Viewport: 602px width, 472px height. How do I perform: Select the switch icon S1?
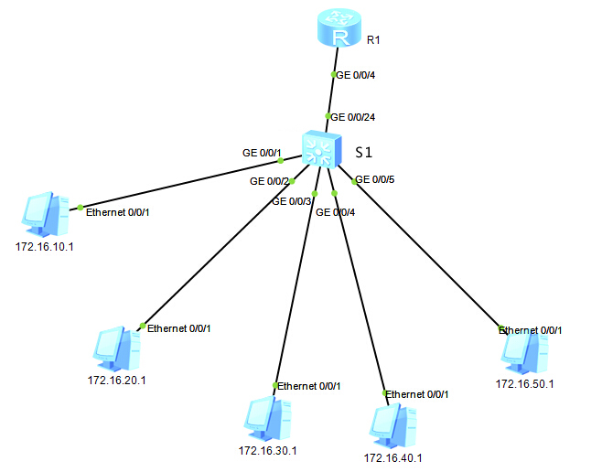tap(322, 148)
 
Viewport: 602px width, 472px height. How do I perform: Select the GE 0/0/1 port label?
tap(262, 153)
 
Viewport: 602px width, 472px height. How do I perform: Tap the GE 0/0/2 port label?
tap(271, 181)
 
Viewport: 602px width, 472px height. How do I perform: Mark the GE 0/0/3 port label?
tap(292, 201)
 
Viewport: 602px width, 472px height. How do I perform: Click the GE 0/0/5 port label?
tap(375, 179)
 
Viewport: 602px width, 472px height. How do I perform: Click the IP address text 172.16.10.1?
tap(45, 247)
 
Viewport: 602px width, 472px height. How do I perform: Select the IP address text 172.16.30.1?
tap(267, 451)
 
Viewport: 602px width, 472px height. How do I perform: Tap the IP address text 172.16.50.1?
tap(524, 384)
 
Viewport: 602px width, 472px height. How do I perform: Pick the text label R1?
tap(373, 40)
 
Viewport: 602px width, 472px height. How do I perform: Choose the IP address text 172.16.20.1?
tap(116, 380)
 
